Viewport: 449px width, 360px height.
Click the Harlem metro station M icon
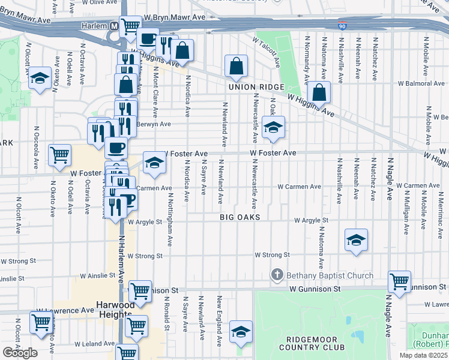113,26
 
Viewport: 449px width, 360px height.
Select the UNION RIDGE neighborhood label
255,87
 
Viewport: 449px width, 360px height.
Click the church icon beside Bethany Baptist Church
277,275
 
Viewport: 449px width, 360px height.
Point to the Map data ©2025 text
423,355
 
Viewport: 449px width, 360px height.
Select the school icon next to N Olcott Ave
40,79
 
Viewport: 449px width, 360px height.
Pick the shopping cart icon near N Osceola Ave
59,155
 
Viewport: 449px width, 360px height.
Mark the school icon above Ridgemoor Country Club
241,332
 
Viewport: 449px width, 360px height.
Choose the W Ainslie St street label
95,275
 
